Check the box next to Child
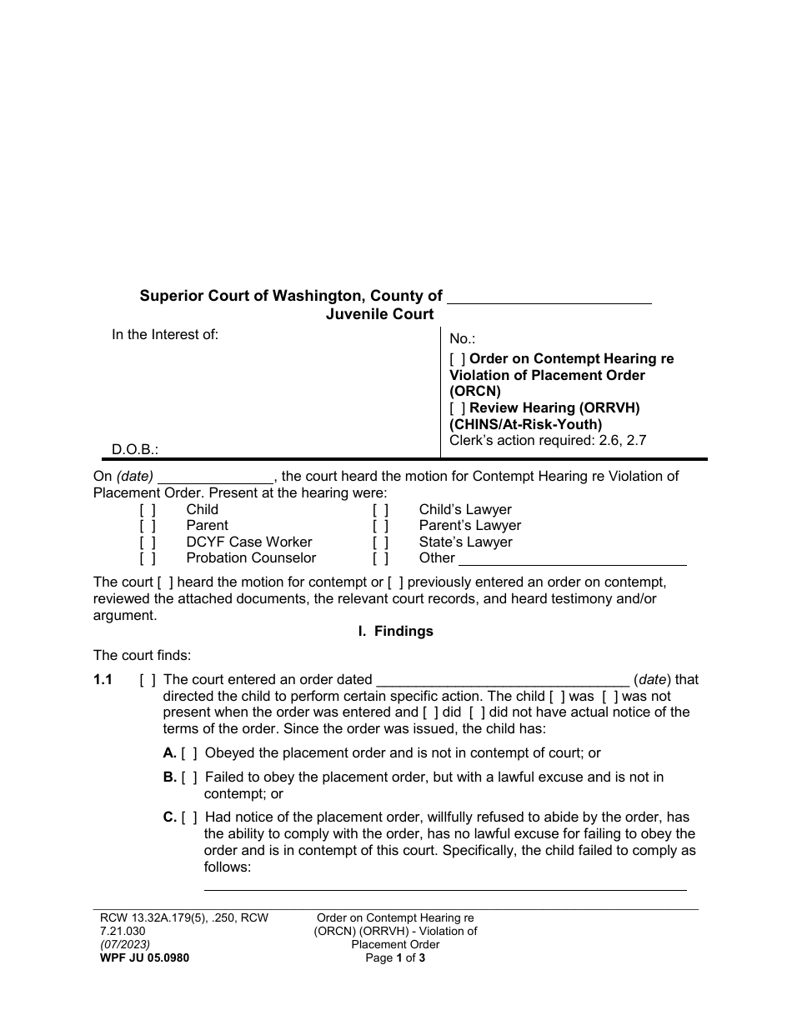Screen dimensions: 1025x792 148,510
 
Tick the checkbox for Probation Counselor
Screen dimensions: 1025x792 148,558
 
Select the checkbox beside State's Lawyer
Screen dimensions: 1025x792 380,542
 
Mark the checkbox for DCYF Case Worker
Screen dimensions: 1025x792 148,542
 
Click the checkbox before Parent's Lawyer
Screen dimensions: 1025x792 380,526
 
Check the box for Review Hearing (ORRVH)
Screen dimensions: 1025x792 458,408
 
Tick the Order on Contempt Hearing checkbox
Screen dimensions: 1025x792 458,359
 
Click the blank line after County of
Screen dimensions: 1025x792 549,297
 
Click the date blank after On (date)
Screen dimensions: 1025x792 215,477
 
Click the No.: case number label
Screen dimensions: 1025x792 462,338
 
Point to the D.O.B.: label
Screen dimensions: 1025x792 135,450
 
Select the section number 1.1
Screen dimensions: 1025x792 103,680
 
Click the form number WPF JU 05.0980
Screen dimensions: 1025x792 144,958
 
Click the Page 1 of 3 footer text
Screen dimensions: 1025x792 395,958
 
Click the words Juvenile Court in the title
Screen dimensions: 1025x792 379,314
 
